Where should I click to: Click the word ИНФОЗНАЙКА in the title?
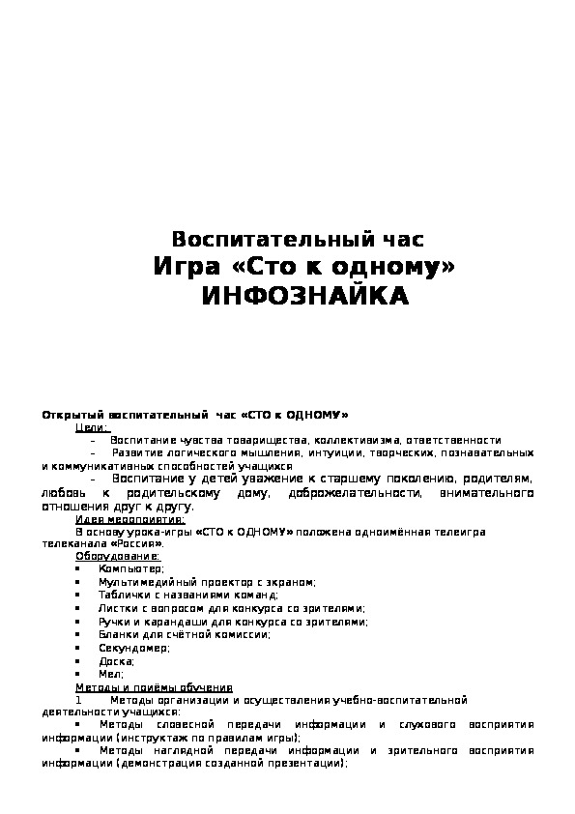point(304,296)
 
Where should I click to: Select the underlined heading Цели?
point(92,426)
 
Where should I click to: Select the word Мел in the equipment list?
point(109,674)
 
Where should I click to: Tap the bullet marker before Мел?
point(77,674)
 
